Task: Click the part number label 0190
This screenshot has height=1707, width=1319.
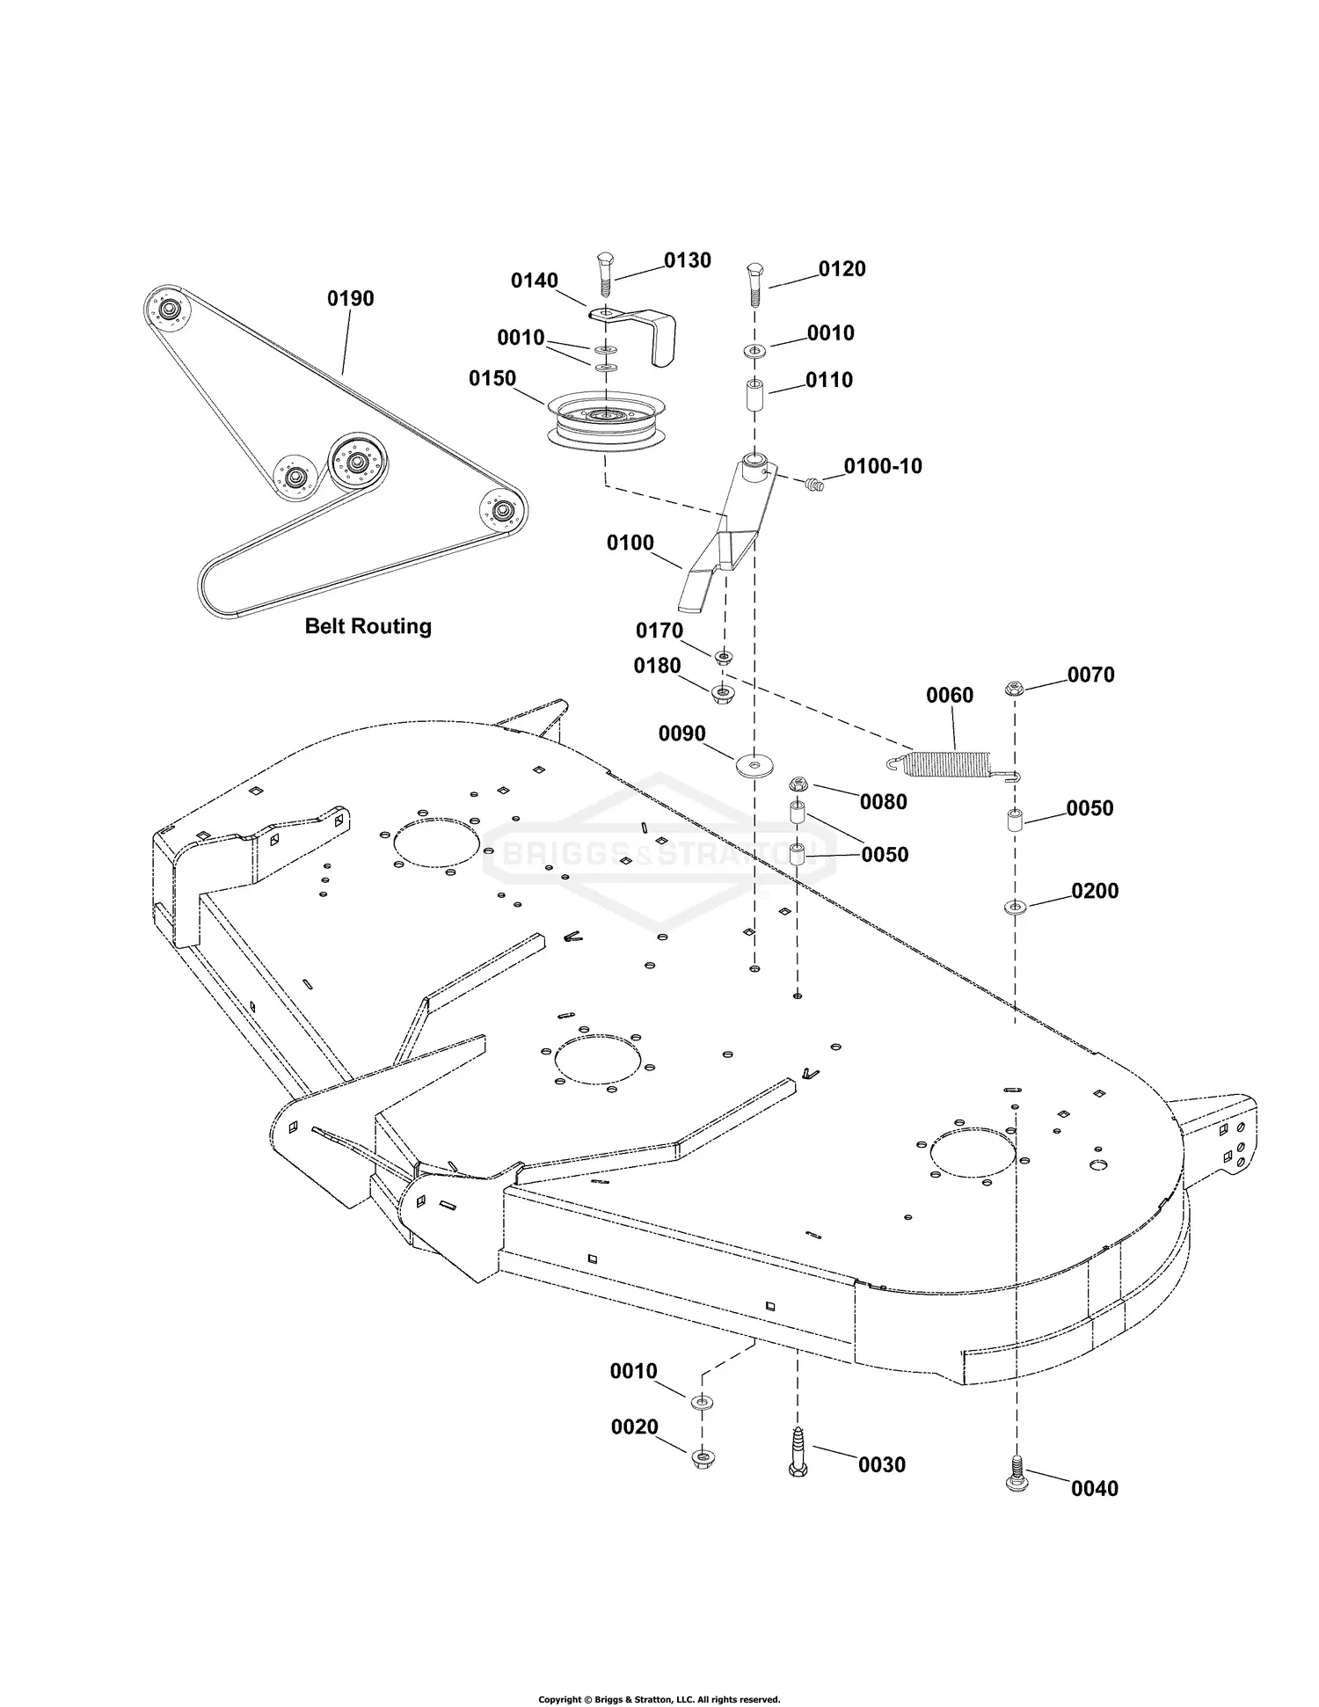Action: (x=350, y=298)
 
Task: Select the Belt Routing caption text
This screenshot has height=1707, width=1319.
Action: (x=368, y=626)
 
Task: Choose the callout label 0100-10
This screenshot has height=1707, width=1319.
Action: (x=883, y=466)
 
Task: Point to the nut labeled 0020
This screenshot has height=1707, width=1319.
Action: (x=702, y=1457)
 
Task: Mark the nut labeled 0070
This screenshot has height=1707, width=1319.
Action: (x=1015, y=689)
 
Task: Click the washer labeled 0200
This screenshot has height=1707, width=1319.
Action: (x=1015, y=906)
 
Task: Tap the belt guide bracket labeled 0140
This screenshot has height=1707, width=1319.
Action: (x=646, y=330)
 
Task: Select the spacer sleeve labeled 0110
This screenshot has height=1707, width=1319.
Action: (x=754, y=392)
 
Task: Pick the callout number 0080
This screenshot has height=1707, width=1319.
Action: (x=884, y=801)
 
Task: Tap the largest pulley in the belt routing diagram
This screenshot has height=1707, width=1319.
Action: (x=357, y=462)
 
